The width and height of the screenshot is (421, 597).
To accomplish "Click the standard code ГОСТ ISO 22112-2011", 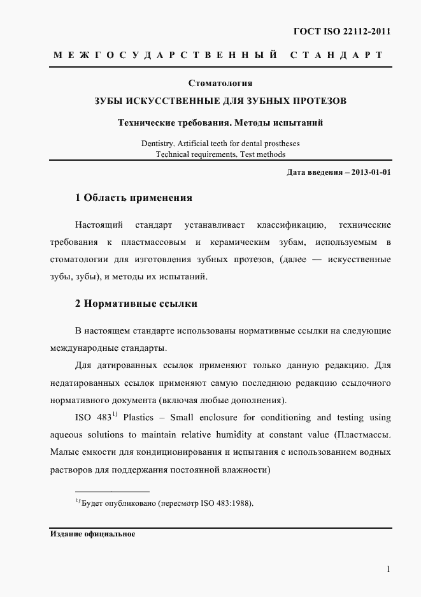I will click(342, 31).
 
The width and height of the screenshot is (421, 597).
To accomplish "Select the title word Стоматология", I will click(221, 83).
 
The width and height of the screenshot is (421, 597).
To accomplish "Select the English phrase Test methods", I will click(263, 154).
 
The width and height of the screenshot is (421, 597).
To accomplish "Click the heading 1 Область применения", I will click(134, 198).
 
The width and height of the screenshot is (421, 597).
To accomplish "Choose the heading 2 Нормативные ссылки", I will click(136, 304).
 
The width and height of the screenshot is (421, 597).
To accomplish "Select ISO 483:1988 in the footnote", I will click(228, 503).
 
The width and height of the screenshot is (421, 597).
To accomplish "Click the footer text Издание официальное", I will click(93, 534).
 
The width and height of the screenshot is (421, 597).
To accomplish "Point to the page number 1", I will click(388, 569).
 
